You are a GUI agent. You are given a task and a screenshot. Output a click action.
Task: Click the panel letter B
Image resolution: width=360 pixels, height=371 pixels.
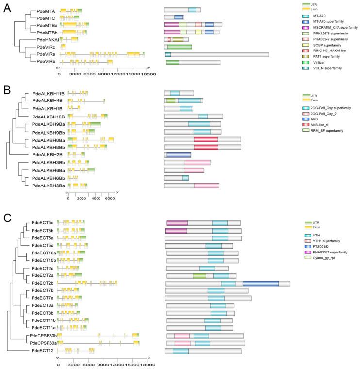[x=7, y=90]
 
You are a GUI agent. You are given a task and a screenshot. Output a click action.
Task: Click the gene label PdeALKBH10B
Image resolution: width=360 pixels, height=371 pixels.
[x=48, y=117]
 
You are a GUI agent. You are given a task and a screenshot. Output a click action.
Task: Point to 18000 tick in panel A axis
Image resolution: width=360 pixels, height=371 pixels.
[x=147, y=74]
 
